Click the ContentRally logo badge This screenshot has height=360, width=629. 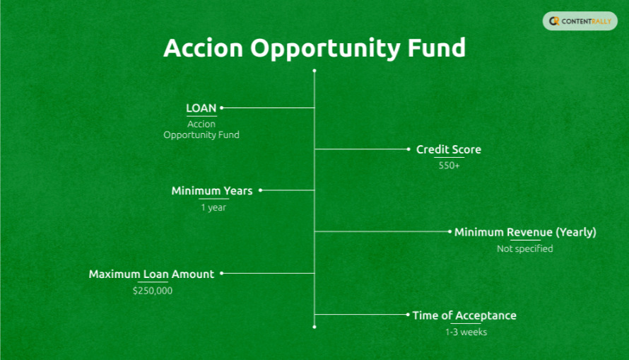pos(580,21)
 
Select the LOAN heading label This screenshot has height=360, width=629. pos(201,108)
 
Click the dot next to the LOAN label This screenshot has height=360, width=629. pos(222,108)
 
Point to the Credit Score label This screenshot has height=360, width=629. pos(448,150)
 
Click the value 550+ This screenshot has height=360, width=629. pos(449,166)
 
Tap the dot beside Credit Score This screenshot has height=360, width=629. pos(408,149)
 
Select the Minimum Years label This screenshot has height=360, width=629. pos(211,191)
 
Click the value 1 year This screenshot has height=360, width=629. pos(213,207)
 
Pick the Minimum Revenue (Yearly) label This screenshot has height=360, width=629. pos(525,232)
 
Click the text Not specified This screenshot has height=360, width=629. pos(524,248)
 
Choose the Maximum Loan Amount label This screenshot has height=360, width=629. pos(151,274)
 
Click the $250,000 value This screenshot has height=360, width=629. pos(152,290)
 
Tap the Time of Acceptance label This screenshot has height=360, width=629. pos(464,315)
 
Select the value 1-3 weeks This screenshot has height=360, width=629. pos(466,332)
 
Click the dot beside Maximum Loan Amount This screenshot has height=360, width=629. pos(222,273)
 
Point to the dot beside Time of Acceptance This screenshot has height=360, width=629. pos(408,315)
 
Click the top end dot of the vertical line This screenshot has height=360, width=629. pos(314,71)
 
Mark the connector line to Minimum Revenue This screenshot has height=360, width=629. pos(382,231)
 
